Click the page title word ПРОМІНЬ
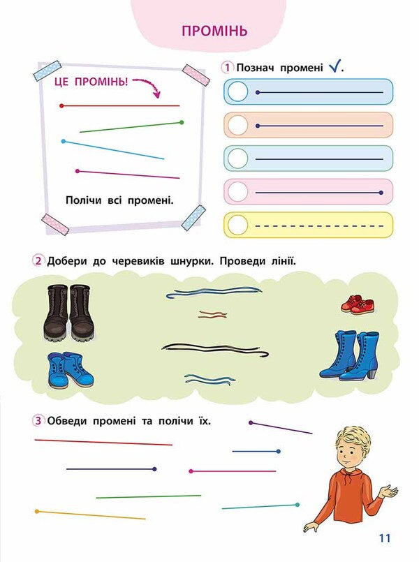click(214, 31)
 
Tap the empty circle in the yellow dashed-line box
click(237, 225)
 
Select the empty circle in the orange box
click(237, 125)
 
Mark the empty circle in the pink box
click(237, 192)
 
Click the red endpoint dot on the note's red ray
click(61, 105)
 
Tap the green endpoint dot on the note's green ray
click(182, 123)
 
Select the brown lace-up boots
click(69, 312)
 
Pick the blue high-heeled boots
click(348, 355)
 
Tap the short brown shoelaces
click(213, 314)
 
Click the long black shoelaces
click(215, 350)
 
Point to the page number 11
click(384, 538)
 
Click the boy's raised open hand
click(389, 490)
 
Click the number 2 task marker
click(38, 261)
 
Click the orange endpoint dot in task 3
click(37, 511)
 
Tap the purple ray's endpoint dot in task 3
click(251, 423)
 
